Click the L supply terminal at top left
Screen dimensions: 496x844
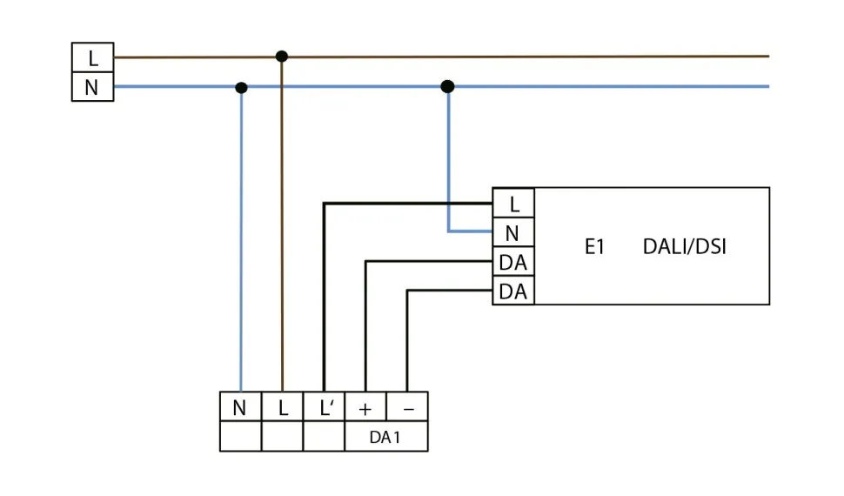(x=92, y=58)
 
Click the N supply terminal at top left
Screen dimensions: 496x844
(x=92, y=87)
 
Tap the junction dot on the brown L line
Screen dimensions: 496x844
(x=281, y=57)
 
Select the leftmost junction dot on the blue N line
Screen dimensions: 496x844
(x=241, y=88)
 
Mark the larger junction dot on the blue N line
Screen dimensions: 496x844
(x=447, y=86)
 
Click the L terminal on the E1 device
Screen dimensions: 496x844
(x=513, y=204)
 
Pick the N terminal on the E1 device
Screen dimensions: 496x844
(x=513, y=232)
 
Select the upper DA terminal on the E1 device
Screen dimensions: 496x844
(x=513, y=261)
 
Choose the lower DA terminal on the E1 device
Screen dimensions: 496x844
(x=513, y=291)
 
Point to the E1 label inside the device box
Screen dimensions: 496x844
(x=594, y=247)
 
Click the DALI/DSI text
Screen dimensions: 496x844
(x=684, y=247)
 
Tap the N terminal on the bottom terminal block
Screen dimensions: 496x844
(x=240, y=407)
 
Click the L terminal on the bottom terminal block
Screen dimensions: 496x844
(x=282, y=407)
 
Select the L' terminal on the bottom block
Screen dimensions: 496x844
(x=324, y=407)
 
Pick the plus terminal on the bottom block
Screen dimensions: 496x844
(x=365, y=407)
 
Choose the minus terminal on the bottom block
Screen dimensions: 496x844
(x=407, y=407)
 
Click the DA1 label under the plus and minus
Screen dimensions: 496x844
(x=385, y=438)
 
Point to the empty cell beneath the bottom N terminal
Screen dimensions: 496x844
(x=240, y=437)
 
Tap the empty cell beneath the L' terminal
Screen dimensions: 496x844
(x=324, y=437)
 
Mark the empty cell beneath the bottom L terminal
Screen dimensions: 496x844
(x=282, y=437)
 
